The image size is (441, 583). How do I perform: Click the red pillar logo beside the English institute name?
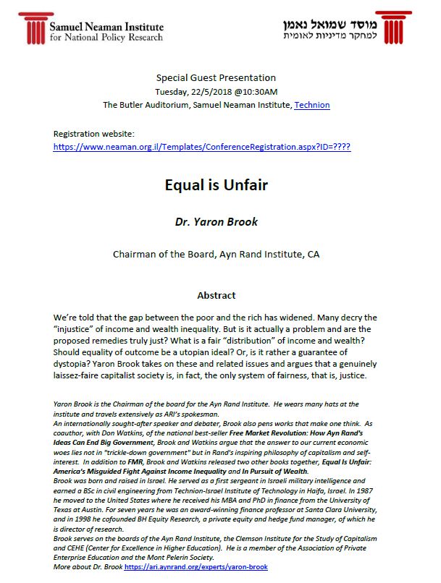pos(33,27)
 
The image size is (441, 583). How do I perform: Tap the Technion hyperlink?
pos(312,105)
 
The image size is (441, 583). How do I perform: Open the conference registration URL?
pos(202,146)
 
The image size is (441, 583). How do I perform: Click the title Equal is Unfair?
pos(216,185)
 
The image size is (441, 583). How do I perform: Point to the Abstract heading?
pos(216,295)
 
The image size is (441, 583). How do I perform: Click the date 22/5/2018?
pos(214,91)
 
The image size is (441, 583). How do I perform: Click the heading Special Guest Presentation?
pos(216,77)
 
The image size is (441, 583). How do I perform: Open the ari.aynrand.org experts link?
pos(196,567)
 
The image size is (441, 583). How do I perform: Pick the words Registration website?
pos(94,134)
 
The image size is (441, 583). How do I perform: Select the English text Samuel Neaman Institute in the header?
pos(106,26)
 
